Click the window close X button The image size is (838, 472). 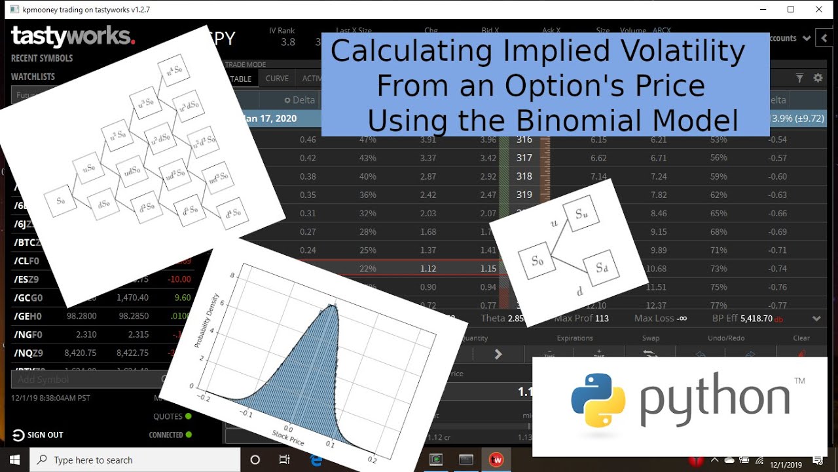pos(820,9)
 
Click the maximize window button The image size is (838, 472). pos(791,9)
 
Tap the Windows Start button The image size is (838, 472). pos(14,460)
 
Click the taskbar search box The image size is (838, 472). pos(131,460)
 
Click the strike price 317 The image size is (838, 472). pos(524,158)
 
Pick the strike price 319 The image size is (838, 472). pos(524,195)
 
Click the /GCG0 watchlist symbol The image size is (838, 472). pos(28,298)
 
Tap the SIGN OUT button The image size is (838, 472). pos(37,435)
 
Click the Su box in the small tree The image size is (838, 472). pos(581,213)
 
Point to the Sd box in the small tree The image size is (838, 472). pos(602,267)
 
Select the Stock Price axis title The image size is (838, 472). pos(288,438)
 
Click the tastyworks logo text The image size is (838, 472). pos(72,36)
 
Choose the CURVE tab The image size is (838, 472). pos(277,79)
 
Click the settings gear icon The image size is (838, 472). pos(818,78)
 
